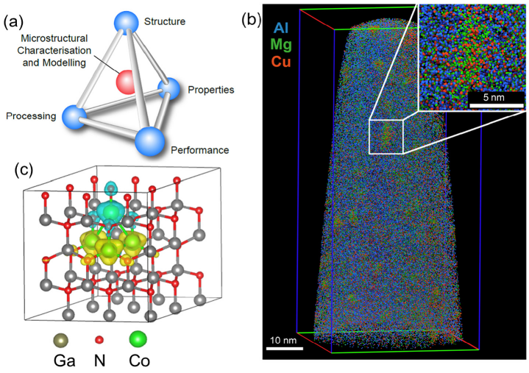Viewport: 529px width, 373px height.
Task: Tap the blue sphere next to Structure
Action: click(x=126, y=23)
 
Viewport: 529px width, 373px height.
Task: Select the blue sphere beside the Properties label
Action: click(x=169, y=89)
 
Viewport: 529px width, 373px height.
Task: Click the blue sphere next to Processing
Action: click(x=74, y=117)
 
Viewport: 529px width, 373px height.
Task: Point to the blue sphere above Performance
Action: click(x=150, y=141)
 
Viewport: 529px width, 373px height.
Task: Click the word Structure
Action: click(x=165, y=21)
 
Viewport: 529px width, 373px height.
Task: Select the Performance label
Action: click(x=199, y=150)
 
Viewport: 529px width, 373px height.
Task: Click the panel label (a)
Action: click(x=13, y=22)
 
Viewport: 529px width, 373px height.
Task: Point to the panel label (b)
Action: click(x=252, y=21)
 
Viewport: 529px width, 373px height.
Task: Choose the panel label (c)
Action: click(x=24, y=170)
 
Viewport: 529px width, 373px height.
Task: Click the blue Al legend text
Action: click(x=281, y=28)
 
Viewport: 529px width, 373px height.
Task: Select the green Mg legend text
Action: click(x=281, y=45)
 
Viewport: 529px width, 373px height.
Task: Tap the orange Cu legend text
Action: click(x=281, y=61)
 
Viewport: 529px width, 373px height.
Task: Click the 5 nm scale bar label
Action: click(x=494, y=98)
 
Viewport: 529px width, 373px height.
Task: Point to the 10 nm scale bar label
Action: click(x=283, y=340)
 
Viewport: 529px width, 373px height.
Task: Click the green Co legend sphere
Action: click(x=138, y=339)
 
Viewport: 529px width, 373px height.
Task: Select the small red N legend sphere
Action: click(x=99, y=340)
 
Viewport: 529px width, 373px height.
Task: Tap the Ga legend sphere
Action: click(x=61, y=340)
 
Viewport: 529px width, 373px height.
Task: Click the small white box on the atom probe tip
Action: click(x=386, y=136)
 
